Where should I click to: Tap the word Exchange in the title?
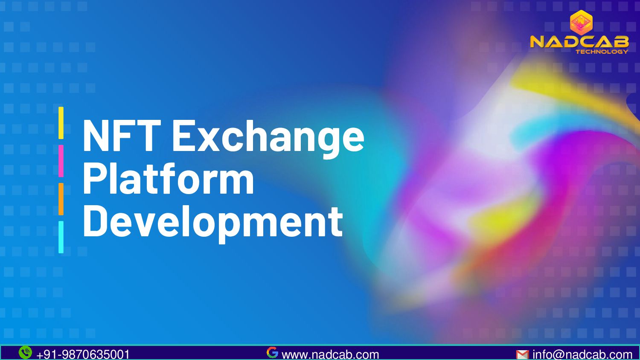point(268,136)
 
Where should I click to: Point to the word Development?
point(212,221)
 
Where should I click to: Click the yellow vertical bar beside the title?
point(61,123)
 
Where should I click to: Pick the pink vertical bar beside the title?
point(61,161)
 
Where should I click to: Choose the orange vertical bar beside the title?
point(61,199)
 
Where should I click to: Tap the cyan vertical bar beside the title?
point(61,237)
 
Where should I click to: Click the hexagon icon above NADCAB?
point(581,23)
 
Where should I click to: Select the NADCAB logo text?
point(579,41)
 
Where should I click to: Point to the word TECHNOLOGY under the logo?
point(602,52)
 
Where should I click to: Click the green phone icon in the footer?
point(25,352)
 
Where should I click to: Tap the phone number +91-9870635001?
point(83,354)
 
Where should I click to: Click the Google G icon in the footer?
point(272,352)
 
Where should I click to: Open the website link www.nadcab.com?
point(330,354)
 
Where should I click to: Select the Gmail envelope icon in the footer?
point(522,354)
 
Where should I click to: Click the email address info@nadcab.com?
point(582,354)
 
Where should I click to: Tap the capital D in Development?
point(93,221)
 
